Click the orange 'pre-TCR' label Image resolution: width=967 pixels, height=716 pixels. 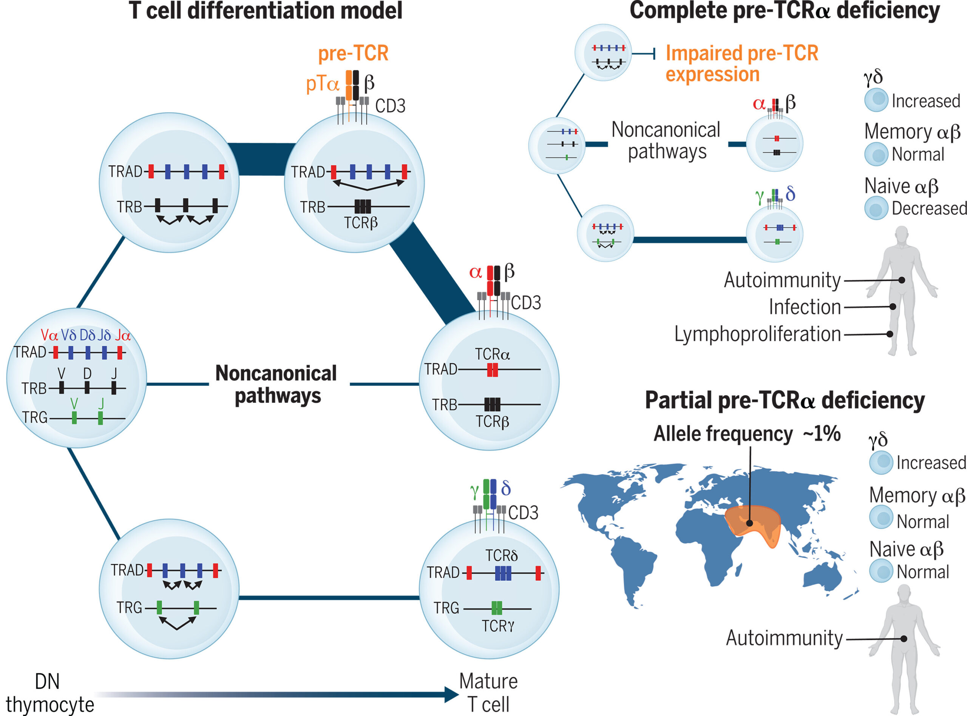(x=353, y=53)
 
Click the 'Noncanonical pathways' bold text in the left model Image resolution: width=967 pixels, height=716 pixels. (x=276, y=385)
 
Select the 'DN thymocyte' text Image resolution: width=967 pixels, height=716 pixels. (x=49, y=692)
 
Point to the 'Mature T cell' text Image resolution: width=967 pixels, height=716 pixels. (x=488, y=692)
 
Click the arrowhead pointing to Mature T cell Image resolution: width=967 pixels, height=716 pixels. (x=452, y=694)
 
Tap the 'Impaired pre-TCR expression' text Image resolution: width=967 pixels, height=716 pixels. (x=741, y=64)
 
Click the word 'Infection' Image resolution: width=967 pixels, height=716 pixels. (x=805, y=307)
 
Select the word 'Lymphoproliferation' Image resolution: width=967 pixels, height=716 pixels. (x=758, y=334)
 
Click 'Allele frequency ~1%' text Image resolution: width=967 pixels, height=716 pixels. (x=747, y=433)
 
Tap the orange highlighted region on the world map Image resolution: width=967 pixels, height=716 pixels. (x=752, y=524)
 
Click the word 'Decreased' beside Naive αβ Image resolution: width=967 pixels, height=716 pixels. (x=929, y=208)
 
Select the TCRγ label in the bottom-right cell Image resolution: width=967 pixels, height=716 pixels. (x=498, y=626)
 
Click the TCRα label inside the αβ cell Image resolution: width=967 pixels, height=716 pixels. (x=492, y=354)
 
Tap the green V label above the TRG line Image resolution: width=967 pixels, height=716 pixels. (x=74, y=403)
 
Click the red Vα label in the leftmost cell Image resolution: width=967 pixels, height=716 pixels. (x=49, y=335)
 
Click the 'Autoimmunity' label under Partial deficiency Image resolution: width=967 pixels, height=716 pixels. (x=784, y=638)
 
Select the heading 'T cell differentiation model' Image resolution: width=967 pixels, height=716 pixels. (x=266, y=11)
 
